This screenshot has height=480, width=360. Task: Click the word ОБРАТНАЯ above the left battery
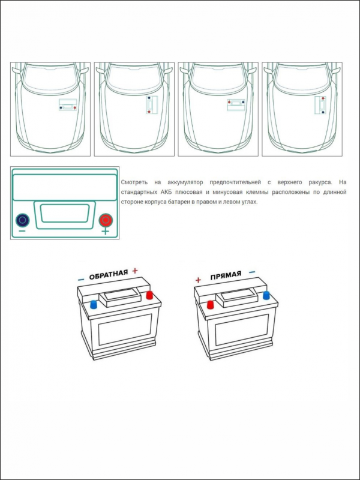[x=108, y=275]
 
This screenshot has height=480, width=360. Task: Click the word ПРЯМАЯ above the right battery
[x=225, y=275]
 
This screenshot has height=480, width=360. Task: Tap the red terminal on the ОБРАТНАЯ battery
[x=149, y=295]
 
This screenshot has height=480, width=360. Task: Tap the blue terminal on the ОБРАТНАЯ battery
[x=93, y=304]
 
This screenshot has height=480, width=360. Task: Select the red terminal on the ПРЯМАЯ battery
[x=211, y=304]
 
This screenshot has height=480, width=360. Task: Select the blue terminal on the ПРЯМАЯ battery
[x=266, y=295]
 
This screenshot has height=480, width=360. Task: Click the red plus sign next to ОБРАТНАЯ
[x=135, y=271]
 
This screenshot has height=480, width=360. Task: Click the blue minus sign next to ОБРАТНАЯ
[x=80, y=280]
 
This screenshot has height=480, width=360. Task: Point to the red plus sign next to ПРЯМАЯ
[x=198, y=280]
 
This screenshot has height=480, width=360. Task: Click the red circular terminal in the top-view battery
[x=106, y=220]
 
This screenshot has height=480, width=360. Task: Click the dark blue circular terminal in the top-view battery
[x=22, y=220]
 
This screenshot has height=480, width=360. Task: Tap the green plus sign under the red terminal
[x=106, y=232]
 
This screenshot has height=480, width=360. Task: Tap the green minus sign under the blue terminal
[x=22, y=232]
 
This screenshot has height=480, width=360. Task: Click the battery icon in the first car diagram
[x=68, y=106]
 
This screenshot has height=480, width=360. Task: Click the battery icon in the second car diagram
[x=151, y=104]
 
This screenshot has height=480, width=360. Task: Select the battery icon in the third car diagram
[x=236, y=104]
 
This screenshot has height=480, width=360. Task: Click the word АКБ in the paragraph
[x=163, y=192]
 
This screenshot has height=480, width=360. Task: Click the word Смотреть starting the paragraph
[x=133, y=182]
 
